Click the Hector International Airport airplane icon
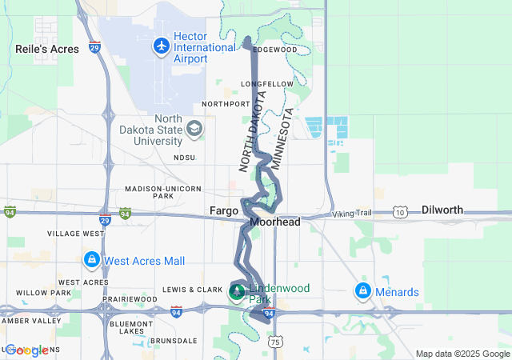pyautogui.click(x=162, y=45)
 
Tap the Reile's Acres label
pyautogui.click(x=47, y=49)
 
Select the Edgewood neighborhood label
pyautogui.click(x=274, y=50)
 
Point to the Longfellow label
pyautogui.click(x=272, y=83)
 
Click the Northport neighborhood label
pyautogui.click(x=226, y=104)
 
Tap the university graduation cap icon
pyautogui.click(x=194, y=129)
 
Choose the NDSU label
pyautogui.click(x=184, y=158)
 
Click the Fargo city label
pyautogui.click(x=224, y=210)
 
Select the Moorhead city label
pyautogui.click(x=274, y=222)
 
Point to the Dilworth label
pyautogui.click(x=442, y=210)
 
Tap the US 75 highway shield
pyautogui.click(x=275, y=342)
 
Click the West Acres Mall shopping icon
pyautogui.click(x=91, y=261)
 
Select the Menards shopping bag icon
pyautogui.click(x=363, y=290)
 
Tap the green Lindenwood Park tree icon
pyautogui.click(x=237, y=292)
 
